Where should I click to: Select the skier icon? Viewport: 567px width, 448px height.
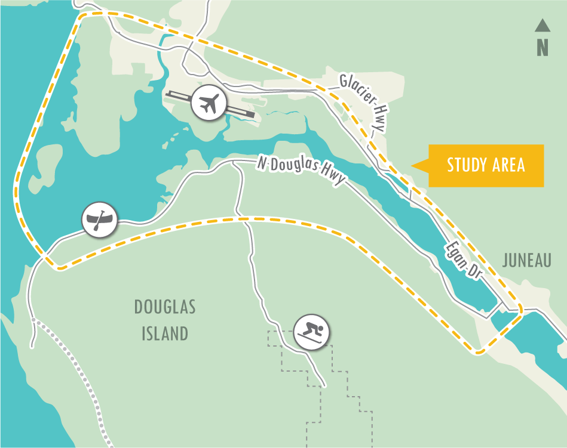tap(311, 330)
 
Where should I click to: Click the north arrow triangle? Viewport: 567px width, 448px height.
tap(543, 25)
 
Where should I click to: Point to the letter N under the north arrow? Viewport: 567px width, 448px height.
tap(543, 47)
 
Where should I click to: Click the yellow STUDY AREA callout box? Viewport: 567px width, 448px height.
tap(486, 165)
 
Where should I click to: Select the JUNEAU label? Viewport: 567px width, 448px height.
tap(526, 261)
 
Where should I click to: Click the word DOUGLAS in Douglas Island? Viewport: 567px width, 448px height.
tap(165, 308)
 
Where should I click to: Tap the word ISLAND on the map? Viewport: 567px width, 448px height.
tap(165, 333)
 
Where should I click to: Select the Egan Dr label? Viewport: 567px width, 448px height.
tap(464, 259)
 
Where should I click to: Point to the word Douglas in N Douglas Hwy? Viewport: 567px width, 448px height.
tap(296, 169)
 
